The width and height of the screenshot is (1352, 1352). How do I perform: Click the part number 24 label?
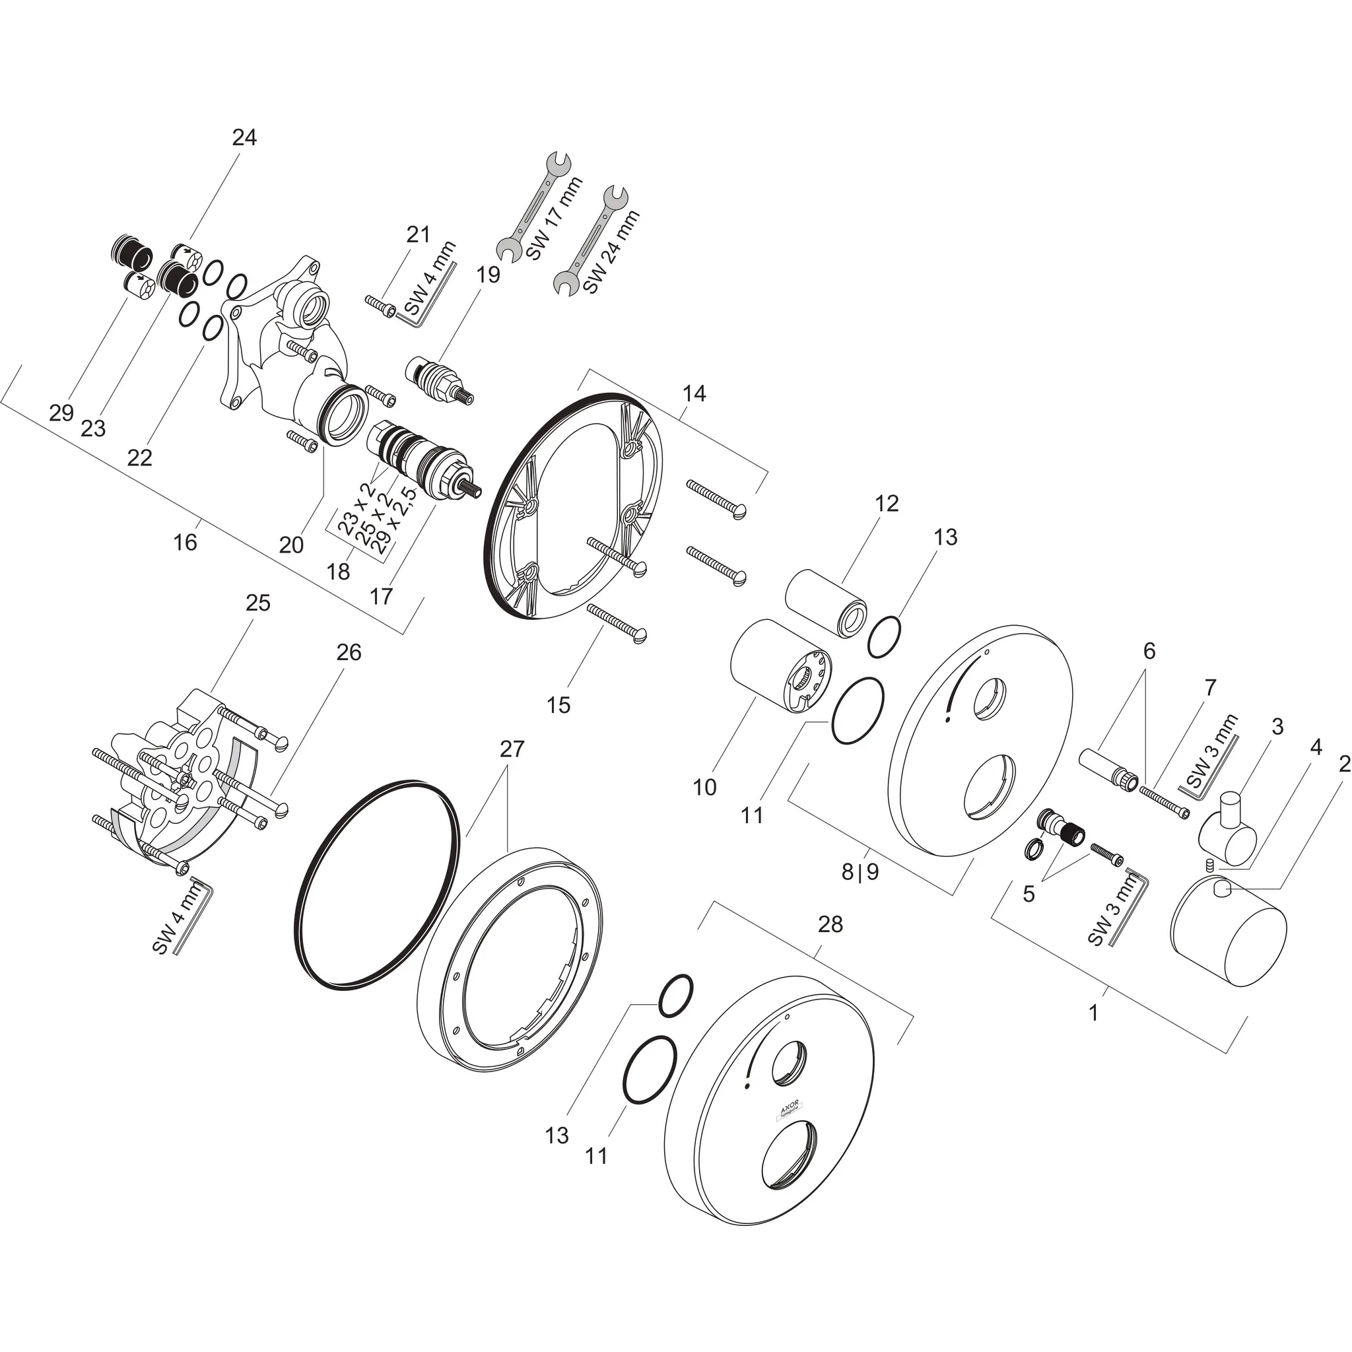coord(244,137)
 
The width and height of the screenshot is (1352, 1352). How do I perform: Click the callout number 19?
coord(489,275)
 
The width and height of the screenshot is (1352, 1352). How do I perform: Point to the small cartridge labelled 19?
coord(440,381)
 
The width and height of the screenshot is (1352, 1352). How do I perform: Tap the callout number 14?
coord(694,393)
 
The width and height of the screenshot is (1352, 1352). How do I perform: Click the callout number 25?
coord(257,603)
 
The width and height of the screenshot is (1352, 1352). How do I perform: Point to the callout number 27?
coord(512,749)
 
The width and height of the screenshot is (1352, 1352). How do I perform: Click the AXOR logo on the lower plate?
coord(792,1110)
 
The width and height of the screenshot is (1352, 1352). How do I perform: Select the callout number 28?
coord(830,924)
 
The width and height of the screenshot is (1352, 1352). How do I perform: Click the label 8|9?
coord(860,873)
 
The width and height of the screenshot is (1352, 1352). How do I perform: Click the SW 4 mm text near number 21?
coord(428,278)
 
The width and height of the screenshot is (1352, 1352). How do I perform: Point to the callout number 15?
coord(558,704)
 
